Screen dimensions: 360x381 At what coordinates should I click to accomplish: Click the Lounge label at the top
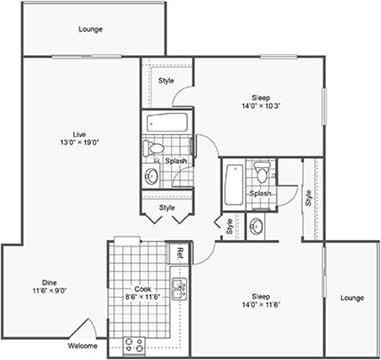pos(90,29)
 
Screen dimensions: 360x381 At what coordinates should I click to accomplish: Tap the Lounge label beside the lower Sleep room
pos(351,298)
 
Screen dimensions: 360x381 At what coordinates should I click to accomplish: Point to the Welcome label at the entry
pos(83,346)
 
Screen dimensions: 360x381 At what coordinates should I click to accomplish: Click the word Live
pos(80,134)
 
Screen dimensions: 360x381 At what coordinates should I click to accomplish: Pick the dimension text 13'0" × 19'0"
pos(80,142)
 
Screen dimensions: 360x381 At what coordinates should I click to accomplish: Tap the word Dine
pos(49,282)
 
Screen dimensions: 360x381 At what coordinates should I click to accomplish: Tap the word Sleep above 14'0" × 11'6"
pos(260,296)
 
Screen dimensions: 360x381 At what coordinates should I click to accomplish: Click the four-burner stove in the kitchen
pos(134,345)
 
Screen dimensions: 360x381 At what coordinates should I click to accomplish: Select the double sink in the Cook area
pos(179,291)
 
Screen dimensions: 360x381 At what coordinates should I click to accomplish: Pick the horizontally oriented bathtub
pos(166,122)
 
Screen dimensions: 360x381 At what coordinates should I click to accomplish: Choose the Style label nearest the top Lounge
pos(166,80)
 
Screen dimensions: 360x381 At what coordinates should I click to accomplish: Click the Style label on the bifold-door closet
pos(166,207)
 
